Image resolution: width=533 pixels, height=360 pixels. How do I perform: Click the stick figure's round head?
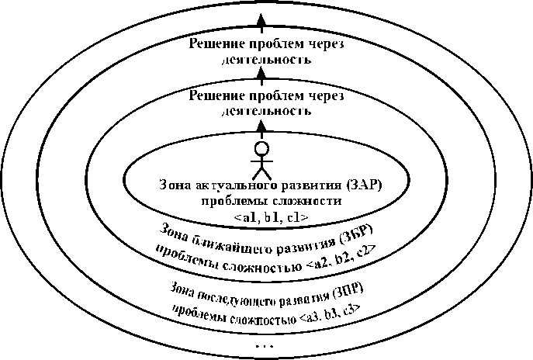tap(261, 148)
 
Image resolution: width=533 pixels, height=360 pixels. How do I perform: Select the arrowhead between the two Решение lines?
tap(261, 75)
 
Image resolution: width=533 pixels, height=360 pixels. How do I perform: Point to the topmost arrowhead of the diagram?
tap(261, 19)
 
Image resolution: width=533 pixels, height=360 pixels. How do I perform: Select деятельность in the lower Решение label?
tap(263, 110)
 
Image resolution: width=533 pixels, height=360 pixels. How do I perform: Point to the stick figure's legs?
tap(261, 172)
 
